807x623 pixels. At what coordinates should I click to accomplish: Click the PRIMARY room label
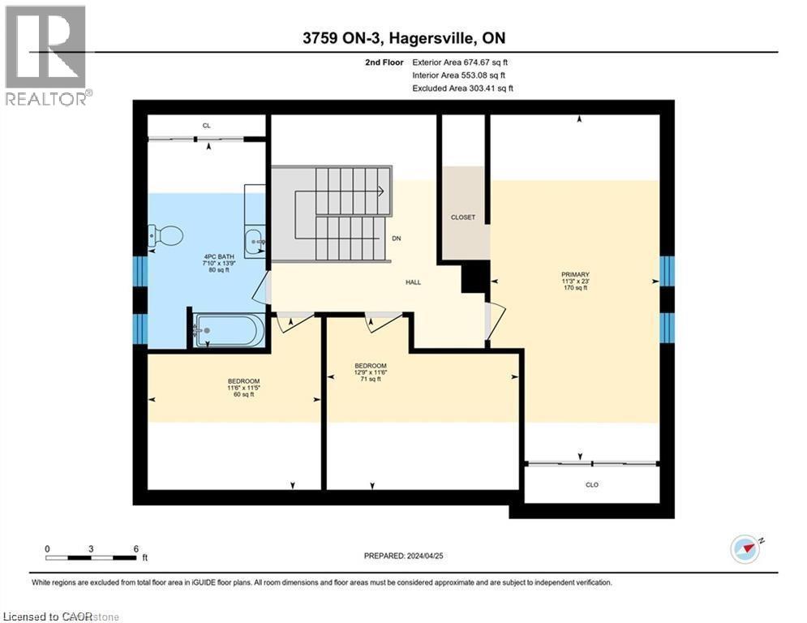pyautogui.click(x=575, y=274)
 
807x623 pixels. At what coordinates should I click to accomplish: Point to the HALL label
pyautogui.click(x=414, y=282)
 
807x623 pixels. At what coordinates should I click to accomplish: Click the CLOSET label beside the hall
pyautogui.click(x=463, y=217)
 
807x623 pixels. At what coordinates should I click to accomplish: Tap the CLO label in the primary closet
pyautogui.click(x=593, y=484)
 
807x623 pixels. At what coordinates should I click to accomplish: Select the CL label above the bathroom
pyautogui.click(x=207, y=126)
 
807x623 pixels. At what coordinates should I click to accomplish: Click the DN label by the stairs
pyautogui.click(x=397, y=238)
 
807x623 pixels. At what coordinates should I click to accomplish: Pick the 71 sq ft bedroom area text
pyautogui.click(x=370, y=380)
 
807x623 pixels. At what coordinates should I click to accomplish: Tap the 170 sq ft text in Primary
pyautogui.click(x=575, y=290)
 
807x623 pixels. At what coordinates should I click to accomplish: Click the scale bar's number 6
pyautogui.click(x=136, y=548)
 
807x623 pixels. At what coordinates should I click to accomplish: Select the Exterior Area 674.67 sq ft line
pyautogui.click(x=461, y=62)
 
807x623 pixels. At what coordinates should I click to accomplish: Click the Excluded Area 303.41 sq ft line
pyautogui.click(x=462, y=88)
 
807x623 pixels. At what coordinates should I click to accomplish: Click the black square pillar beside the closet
pyautogui.click(x=474, y=278)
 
